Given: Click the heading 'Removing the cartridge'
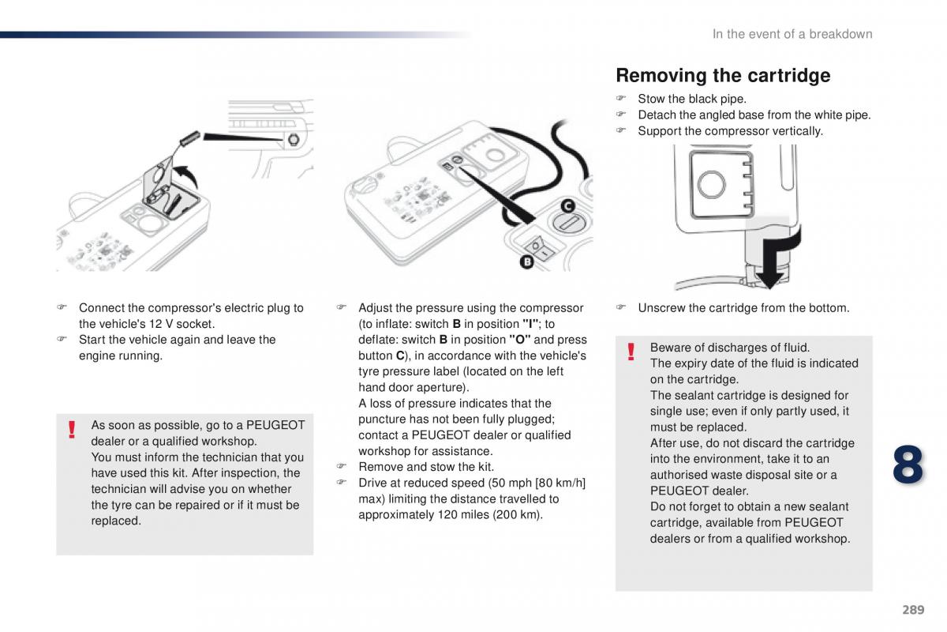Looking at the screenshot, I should (x=722, y=76).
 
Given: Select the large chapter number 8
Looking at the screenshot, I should (x=908, y=465).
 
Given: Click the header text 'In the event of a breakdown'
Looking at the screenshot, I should (x=792, y=34).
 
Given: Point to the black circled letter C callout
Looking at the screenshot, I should (x=567, y=207).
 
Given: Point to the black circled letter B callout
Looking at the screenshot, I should (x=526, y=261).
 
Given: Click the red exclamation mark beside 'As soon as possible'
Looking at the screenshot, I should (x=72, y=430).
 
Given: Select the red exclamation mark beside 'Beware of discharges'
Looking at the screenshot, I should (x=631, y=352).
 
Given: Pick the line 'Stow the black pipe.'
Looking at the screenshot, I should (x=691, y=99).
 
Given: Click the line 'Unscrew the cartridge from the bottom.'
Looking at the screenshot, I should (x=743, y=308).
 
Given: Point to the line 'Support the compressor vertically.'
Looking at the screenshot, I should (x=729, y=131).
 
